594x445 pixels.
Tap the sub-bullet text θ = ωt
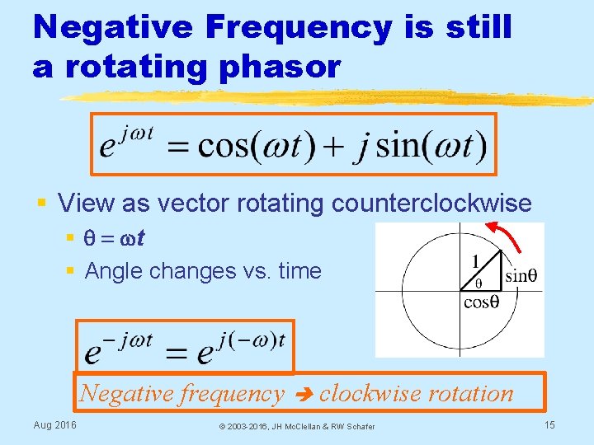(115, 238)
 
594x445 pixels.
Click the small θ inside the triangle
(478, 283)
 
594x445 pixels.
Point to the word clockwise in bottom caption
(376, 393)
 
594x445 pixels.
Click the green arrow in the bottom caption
(302, 394)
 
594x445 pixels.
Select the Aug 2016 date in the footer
(54, 424)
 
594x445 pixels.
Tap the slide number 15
(549, 424)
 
